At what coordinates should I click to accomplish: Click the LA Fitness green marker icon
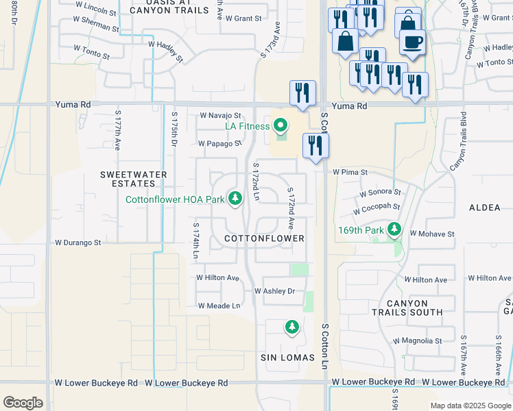(x=280, y=125)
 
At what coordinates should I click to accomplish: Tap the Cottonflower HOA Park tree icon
(x=235, y=199)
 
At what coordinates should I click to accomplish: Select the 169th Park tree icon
(x=394, y=229)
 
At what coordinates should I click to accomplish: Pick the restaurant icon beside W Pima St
(x=315, y=145)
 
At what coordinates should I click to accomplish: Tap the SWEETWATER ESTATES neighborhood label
(x=134, y=179)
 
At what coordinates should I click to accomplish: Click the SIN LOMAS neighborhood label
(x=287, y=358)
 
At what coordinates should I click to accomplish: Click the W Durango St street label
(x=78, y=242)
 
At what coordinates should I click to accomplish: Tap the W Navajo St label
(x=220, y=116)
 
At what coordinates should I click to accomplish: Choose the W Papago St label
(x=219, y=144)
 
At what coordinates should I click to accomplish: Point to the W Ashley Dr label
(x=274, y=291)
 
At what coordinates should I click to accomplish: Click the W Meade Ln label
(x=219, y=306)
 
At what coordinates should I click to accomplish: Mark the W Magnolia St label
(x=417, y=340)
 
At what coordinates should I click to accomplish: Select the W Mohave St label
(x=432, y=234)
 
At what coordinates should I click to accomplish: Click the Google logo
(x=23, y=403)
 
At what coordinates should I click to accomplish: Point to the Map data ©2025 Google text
(x=470, y=406)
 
